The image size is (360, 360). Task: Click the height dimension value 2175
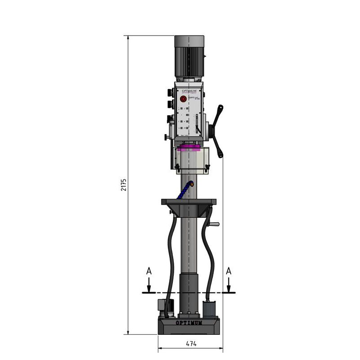(124, 184)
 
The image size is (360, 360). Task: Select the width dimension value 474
(191, 343)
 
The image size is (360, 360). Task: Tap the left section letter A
(149, 271)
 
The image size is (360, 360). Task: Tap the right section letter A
(229, 271)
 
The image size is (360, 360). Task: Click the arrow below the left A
(149, 284)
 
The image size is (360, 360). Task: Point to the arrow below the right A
(229, 284)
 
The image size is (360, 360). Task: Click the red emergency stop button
(183, 99)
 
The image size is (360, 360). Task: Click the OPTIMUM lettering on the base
(189, 323)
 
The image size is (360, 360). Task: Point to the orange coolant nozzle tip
(192, 183)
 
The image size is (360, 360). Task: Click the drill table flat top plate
(189, 202)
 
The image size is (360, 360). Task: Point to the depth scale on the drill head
(197, 124)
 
